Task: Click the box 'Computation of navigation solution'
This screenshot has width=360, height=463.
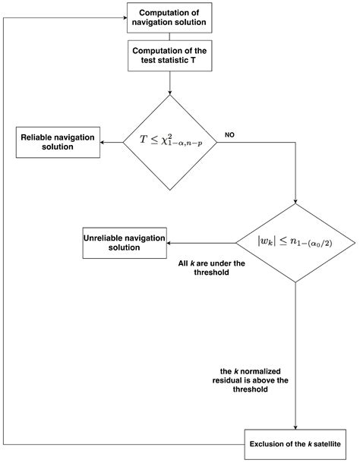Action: [169, 17]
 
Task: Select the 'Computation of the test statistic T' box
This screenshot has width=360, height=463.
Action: [169, 55]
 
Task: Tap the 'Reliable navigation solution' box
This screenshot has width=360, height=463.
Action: [58, 143]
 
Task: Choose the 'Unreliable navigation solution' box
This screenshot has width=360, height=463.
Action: [125, 243]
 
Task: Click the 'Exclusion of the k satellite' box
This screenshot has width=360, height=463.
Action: [295, 444]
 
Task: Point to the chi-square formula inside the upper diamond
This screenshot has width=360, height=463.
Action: [171, 140]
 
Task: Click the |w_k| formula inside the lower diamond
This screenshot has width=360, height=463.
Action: [295, 241]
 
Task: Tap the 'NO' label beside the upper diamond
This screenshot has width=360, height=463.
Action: [229, 135]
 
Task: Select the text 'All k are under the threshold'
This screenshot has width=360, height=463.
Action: [212, 267]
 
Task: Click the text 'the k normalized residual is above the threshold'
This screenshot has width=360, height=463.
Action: [250, 380]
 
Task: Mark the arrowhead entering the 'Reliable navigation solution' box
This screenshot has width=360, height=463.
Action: [103, 143]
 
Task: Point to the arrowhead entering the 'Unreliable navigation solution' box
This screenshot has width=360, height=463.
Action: [169, 244]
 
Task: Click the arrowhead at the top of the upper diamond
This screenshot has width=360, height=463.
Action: [169, 93]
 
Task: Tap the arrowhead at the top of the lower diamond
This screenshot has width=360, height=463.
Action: [295, 201]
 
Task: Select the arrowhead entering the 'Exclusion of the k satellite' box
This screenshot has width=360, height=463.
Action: [295, 427]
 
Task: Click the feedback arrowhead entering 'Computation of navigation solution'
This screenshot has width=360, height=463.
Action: [125, 17]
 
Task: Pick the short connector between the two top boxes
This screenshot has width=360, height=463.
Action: [169, 36]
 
